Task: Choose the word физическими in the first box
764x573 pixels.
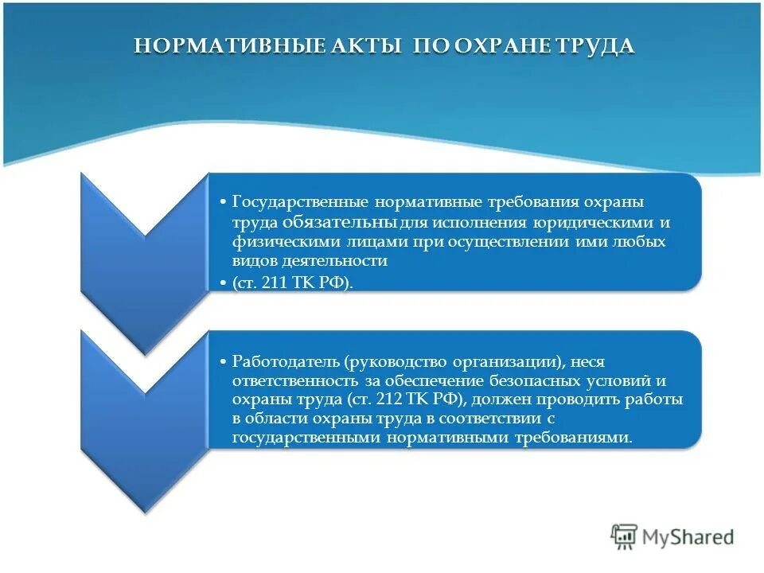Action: (x=275, y=241)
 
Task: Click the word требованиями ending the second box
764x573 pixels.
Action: (x=581, y=438)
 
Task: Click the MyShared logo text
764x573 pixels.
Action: (x=689, y=538)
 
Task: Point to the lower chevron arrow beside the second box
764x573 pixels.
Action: (x=143, y=422)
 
